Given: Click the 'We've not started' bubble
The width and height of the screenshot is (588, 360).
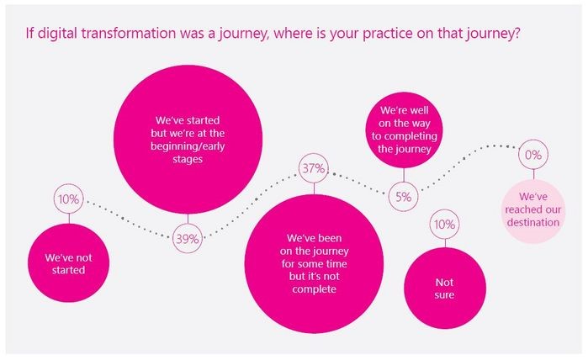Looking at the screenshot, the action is click(x=69, y=262).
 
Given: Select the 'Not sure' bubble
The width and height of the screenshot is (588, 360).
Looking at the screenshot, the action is click(x=445, y=288).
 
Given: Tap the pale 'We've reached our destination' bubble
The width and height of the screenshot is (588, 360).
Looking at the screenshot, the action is click(x=532, y=211).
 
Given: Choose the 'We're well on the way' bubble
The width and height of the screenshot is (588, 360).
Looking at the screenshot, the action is click(x=405, y=130).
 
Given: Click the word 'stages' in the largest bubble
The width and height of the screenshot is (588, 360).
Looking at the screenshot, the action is click(x=188, y=159).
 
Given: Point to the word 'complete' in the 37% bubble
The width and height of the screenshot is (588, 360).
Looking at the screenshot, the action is click(x=315, y=289).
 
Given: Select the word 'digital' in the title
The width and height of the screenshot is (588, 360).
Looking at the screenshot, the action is click(x=57, y=34).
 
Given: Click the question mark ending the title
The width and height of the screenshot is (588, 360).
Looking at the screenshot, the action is click(x=516, y=33).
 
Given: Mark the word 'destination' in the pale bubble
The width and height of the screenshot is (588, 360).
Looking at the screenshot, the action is click(x=532, y=222).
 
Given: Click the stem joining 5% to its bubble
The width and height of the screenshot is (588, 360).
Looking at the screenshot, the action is click(x=404, y=175).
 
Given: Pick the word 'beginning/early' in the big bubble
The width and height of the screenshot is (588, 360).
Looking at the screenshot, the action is click(x=188, y=146).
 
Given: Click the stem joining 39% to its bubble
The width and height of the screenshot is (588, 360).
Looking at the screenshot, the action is click(x=188, y=219).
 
